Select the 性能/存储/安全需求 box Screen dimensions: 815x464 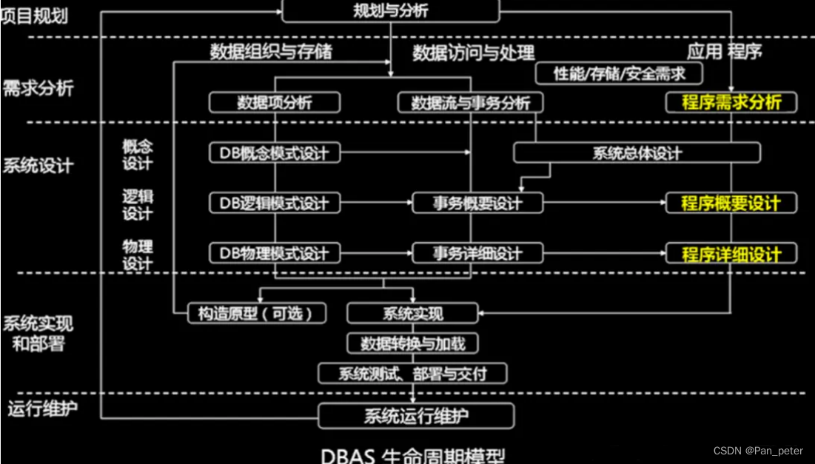coord(619,73)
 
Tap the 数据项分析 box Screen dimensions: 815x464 coord(275,103)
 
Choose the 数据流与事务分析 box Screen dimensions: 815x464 coord(471,103)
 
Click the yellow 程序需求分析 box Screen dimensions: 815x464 coord(731,102)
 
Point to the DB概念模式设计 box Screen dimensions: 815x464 coord(275,153)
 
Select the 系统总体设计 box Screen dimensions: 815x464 coord(637,153)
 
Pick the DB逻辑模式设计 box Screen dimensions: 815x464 coord(275,203)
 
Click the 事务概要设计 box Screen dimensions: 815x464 coord(477,203)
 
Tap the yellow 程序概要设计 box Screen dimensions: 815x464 coord(731,203)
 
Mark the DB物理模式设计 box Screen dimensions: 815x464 coord(275,253)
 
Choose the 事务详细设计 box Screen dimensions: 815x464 coord(477,253)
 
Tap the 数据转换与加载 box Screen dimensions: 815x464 coord(412,343)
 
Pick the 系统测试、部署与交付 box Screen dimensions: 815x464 coord(412,373)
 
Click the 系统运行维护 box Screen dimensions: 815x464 coord(416,416)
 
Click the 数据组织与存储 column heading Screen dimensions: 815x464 coord(271,52)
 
